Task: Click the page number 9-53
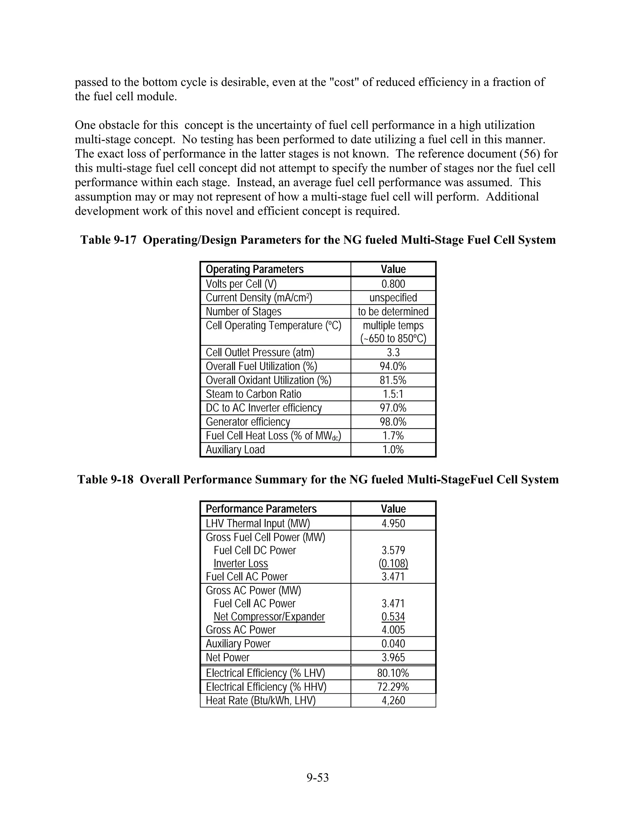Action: point(318,777)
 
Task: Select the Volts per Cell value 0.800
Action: point(393,284)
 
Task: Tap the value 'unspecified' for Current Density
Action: point(393,298)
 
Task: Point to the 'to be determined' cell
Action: point(393,312)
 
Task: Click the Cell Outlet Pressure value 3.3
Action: point(393,352)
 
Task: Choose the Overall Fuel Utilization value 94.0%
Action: point(393,366)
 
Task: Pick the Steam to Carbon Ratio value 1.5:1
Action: point(393,394)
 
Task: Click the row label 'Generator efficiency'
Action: point(248,422)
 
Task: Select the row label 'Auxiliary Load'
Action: point(235,450)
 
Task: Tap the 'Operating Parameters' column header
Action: point(255,270)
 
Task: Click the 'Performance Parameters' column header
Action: point(261,509)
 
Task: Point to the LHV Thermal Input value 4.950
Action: point(393,524)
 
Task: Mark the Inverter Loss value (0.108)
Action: point(393,563)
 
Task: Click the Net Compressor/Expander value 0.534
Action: point(393,617)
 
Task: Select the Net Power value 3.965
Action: point(393,658)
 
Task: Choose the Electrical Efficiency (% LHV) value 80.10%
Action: point(393,673)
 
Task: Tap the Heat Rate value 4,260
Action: point(393,700)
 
